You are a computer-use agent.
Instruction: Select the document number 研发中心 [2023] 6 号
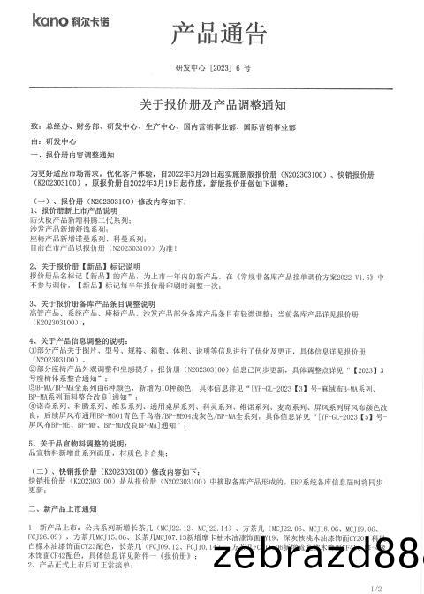point(214,68)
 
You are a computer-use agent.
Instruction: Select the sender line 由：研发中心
point(54,141)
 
